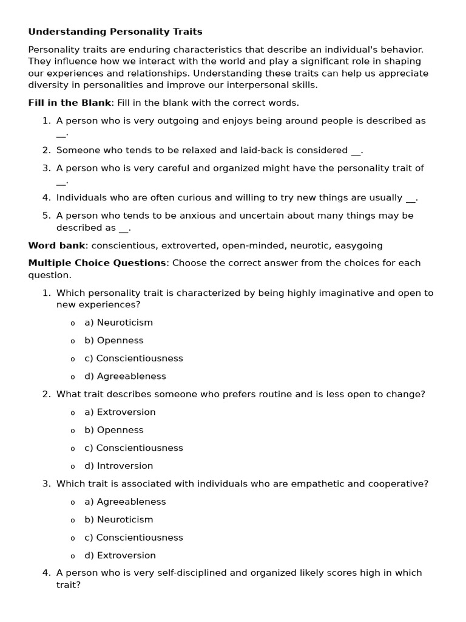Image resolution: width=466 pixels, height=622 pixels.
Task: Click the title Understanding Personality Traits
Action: tap(115, 32)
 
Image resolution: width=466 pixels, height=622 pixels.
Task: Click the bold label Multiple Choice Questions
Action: tap(97, 263)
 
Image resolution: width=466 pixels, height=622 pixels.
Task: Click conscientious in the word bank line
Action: tap(121, 245)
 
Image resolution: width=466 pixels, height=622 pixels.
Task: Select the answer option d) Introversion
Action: tap(119, 466)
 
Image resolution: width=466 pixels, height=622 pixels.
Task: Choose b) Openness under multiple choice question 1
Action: tap(114, 340)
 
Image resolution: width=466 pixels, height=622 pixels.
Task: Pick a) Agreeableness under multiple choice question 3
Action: tap(125, 502)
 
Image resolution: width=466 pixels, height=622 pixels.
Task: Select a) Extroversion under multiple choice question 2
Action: tap(120, 412)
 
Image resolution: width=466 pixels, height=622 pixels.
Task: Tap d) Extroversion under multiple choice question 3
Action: tap(120, 555)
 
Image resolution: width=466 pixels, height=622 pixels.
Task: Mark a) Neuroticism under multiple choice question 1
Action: tap(119, 323)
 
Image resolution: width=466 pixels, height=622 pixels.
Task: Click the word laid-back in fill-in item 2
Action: tap(263, 150)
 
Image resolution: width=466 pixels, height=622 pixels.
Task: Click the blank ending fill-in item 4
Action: tap(410, 198)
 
